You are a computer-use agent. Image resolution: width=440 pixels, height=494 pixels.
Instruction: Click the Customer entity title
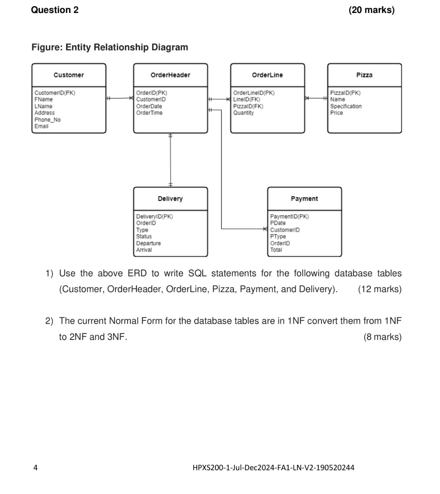click(68, 75)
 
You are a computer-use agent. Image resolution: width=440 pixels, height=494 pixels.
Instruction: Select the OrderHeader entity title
click(170, 75)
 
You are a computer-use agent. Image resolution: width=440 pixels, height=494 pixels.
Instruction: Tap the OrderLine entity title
click(267, 75)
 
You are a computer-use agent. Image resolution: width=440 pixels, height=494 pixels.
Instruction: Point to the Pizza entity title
click(364, 75)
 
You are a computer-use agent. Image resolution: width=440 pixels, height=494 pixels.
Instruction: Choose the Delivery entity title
click(170, 198)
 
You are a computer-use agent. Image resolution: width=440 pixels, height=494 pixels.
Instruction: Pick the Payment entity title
click(304, 198)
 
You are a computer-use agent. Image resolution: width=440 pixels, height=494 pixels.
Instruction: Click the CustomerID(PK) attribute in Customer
click(55, 93)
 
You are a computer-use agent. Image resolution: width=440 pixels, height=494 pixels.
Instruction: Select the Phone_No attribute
click(48, 119)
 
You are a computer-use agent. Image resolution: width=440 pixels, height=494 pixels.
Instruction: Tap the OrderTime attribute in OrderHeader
click(149, 113)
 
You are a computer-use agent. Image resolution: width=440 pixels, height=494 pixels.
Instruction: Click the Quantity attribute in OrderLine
click(244, 113)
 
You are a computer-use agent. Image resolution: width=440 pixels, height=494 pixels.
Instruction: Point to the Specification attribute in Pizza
click(346, 106)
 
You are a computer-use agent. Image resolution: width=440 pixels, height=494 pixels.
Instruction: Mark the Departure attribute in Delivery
click(148, 243)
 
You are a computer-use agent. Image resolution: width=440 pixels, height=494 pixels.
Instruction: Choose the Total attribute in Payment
click(276, 250)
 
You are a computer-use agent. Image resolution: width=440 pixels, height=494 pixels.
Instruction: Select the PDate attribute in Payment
click(278, 223)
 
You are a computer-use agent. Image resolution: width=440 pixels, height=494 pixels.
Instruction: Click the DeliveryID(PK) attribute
click(154, 216)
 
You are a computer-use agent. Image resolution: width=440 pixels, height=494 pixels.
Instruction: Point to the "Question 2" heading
click(55, 10)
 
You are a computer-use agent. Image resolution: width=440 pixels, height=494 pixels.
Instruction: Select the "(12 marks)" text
click(380, 289)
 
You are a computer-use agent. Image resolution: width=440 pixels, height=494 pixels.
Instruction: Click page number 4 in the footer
click(36, 468)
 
